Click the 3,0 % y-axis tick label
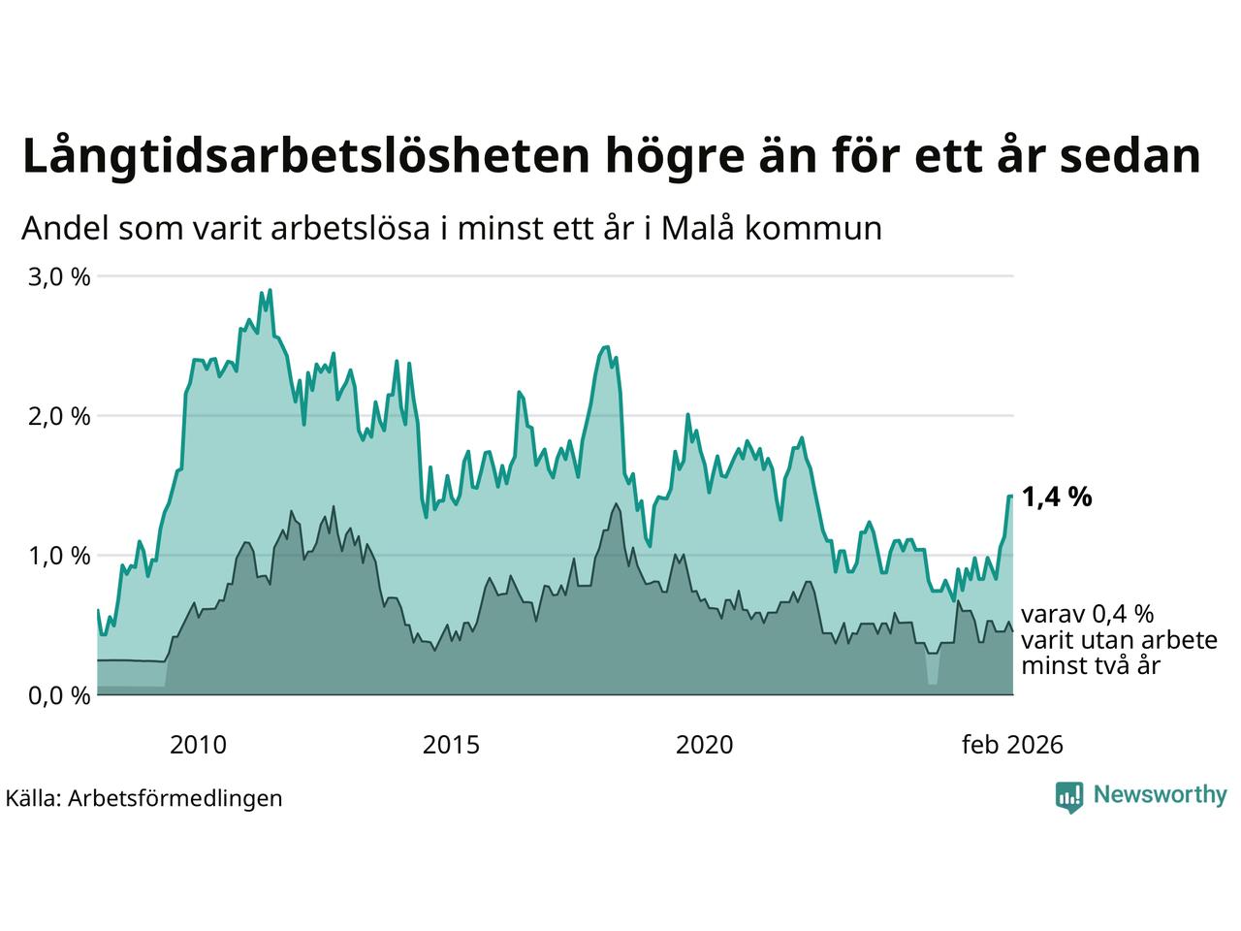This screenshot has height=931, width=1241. tap(59, 277)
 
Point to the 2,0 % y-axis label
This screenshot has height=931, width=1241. tap(59, 417)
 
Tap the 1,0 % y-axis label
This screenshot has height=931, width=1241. tap(59, 557)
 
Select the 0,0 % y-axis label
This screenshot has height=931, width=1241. tap(59, 696)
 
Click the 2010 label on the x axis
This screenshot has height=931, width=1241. tap(198, 745)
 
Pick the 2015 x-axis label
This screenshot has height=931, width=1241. tap(451, 745)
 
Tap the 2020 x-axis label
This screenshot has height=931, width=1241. tap(704, 745)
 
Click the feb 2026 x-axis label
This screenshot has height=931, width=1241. tap(1012, 745)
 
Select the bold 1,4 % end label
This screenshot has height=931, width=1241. tap(1057, 498)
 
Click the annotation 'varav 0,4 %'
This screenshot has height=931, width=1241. tap(1088, 614)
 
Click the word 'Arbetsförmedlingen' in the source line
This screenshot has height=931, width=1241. tap(175, 798)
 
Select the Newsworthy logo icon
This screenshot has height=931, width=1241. tap(1069, 796)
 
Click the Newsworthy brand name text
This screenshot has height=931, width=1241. tap(1160, 795)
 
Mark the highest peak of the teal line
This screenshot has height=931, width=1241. tap(270, 289)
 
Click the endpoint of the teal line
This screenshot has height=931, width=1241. tap(1011, 497)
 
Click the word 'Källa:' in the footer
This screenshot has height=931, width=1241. tap(34, 798)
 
